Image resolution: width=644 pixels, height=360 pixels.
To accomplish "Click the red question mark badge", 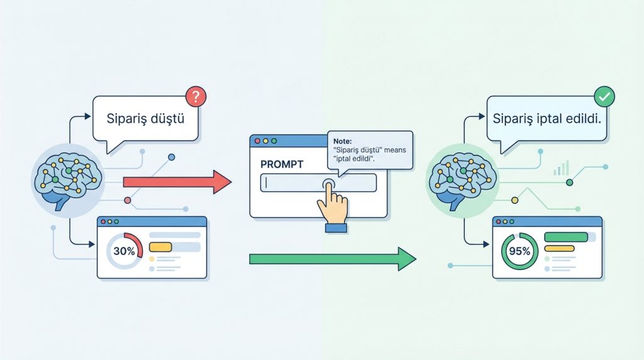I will point(196,97).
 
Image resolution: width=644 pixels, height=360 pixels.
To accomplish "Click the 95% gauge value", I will point(519,251).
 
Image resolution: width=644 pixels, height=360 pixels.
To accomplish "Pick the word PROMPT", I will point(281,164).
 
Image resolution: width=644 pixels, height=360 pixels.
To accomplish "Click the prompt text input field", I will point(296,183).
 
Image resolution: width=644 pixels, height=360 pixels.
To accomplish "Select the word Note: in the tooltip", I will point(343,142).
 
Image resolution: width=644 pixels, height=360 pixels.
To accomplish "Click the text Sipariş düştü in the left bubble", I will point(144,117).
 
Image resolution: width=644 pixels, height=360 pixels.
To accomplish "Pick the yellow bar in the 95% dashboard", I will point(559,249).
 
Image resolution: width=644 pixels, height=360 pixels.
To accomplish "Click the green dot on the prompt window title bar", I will point(274,141).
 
